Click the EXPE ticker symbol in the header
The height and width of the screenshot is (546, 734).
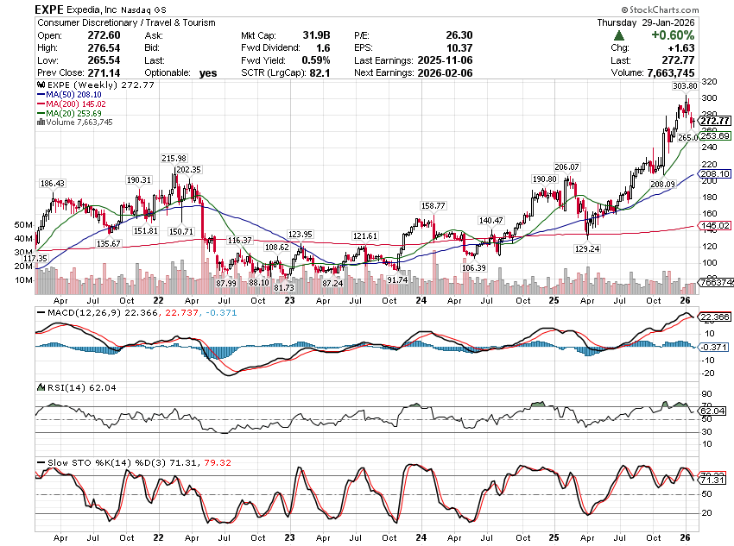tap(53, 9)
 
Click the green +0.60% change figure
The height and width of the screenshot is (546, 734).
tap(671, 35)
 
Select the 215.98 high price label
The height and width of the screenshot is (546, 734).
tap(174, 158)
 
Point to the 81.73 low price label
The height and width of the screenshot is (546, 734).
tap(284, 287)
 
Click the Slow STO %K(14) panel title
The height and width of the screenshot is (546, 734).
tap(95, 462)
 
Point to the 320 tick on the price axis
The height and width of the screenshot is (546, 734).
tap(709, 82)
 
